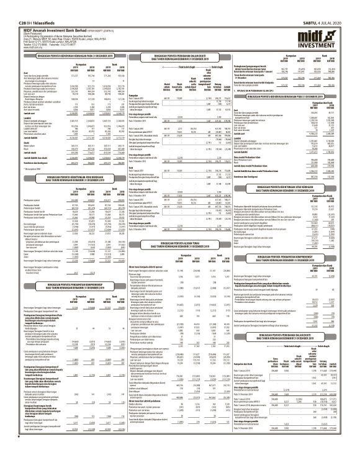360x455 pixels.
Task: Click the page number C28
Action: (x=8, y=4)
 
